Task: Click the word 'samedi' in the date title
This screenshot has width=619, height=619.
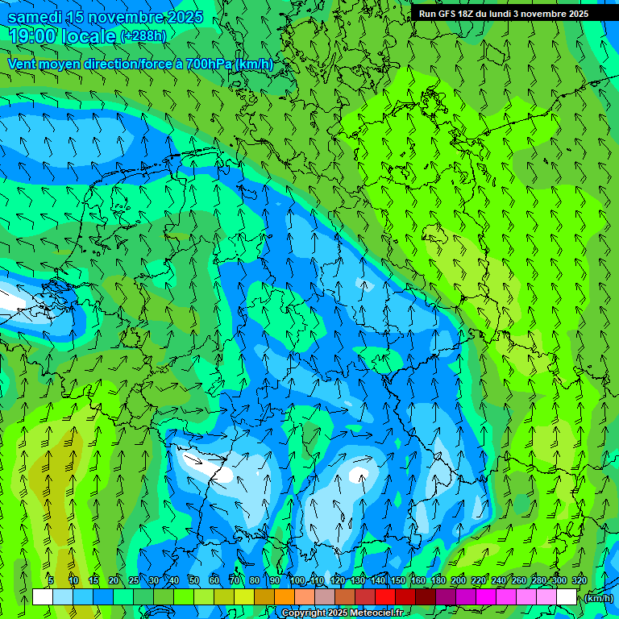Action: pyautogui.click(x=36, y=17)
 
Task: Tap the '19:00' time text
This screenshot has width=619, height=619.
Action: pyautogui.click(x=32, y=36)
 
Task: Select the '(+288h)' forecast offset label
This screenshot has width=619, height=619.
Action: pyautogui.click(x=143, y=36)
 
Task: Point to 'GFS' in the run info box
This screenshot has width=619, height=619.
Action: pyautogui.click(x=447, y=14)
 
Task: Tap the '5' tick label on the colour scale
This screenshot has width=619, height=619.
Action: pyautogui.click(x=51, y=580)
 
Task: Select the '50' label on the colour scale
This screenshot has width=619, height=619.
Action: pyautogui.click(x=193, y=580)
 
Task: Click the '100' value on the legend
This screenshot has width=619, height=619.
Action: pyautogui.click(x=297, y=580)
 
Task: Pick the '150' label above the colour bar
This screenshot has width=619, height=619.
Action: pyautogui.click(x=398, y=580)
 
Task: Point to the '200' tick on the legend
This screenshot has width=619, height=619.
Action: pyautogui.click(x=459, y=580)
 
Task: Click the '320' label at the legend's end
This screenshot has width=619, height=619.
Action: pyautogui.click(x=580, y=580)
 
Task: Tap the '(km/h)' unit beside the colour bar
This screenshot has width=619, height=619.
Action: pyautogui.click(x=599, y=598)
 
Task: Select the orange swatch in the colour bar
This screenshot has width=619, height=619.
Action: pyautogui.click(x=285, y=597)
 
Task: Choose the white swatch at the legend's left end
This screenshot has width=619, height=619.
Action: pyautogui.click(x=43, y=597)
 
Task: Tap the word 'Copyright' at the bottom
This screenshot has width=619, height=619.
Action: pyautogui.click(x=305, y=613)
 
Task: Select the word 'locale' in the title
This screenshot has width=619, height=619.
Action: pyautogui.click(x=91, y=36)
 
